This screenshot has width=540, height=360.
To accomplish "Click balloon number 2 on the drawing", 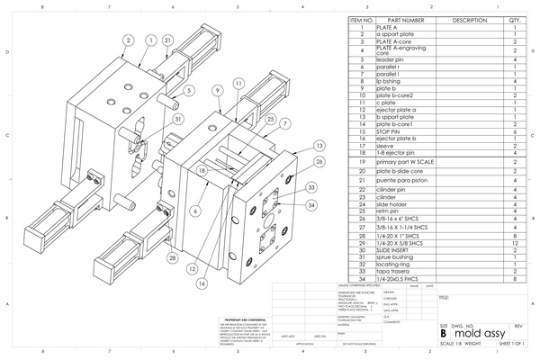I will [129, 40].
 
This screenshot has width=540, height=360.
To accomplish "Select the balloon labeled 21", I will [168, 40].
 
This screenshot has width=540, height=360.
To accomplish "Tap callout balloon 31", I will [178, 119].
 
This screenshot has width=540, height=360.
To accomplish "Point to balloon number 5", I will [190, 91].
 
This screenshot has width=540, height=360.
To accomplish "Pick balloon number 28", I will [171, 257].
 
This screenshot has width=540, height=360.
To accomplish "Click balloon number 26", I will [319, 162].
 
